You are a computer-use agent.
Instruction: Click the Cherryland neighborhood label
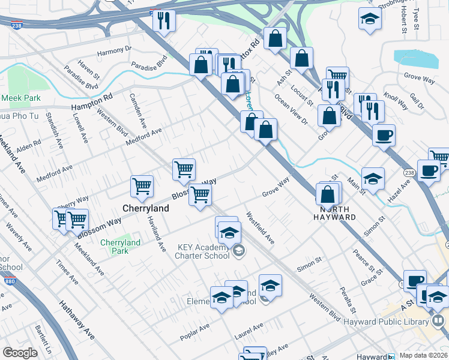tap(145, 208)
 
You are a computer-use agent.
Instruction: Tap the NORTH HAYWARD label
tap(334, 213)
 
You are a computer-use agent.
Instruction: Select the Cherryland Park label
tap(120, 247)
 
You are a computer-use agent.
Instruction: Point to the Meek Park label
tap(20, 97)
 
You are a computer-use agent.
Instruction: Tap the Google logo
tap(20, 353)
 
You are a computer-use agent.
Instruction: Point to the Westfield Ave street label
tap(260, 228)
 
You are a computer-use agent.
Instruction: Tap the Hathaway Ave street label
tap(77, 321)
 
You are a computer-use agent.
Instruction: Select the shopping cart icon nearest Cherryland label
tap(142, 186)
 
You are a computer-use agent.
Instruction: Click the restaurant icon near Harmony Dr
tap(163, 22)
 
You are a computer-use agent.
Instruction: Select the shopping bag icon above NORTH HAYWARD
tap(328, 194)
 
